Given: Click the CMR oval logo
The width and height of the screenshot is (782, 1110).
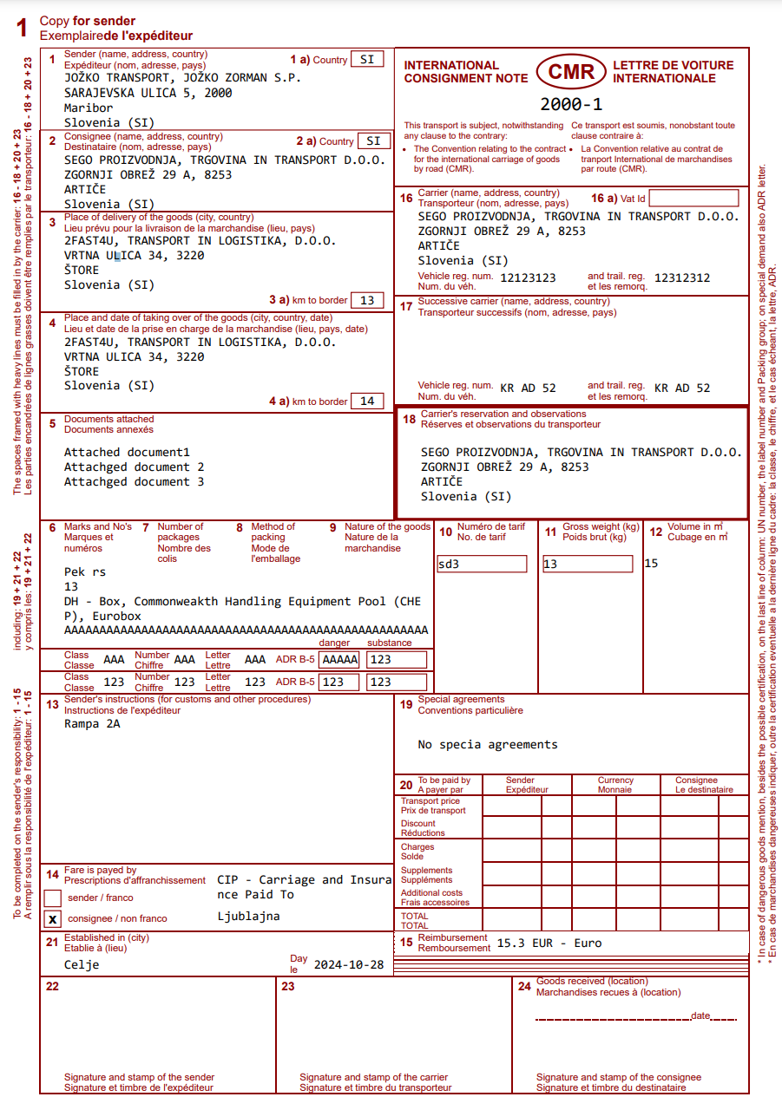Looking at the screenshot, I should [x=570, y=72].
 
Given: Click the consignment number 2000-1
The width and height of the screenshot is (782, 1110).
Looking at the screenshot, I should [x=571, y=105].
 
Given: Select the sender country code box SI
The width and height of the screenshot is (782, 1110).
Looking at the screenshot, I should [x=367, y=60].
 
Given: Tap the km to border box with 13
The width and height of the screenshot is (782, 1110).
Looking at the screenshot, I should [x=367, y=300].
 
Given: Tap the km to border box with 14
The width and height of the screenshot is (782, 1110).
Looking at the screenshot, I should [x=367, y=401].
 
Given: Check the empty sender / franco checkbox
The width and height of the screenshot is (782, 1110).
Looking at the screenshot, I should [x=52, y=898].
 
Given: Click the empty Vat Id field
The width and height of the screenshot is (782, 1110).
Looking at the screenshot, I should [x=693, y=199].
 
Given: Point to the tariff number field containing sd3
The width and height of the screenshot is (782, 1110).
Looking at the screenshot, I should [x=483, y=564].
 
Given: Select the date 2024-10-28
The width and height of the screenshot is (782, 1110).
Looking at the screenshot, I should [x=349, y=964].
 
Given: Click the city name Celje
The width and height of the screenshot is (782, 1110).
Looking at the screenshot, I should [x=82, y=964].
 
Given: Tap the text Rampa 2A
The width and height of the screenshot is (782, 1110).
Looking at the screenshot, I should [x=92, y=723].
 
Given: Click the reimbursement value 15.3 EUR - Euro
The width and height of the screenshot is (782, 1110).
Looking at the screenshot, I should [x=549, y=943].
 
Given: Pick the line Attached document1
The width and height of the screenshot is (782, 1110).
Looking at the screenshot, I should [x=127, y=452].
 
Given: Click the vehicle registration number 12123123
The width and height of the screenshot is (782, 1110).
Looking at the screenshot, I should [x=528, y=278].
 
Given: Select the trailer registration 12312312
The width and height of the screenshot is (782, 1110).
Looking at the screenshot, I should [x=682, y=278].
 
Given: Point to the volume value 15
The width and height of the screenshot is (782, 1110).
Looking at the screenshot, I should [x=652, y=563].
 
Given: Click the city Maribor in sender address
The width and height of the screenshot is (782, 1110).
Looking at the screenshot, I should [x=89, y=108].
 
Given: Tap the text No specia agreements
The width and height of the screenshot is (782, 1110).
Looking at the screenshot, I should [x=488, y=744].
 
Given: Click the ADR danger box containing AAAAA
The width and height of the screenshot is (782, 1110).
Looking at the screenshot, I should [x=339, y=659].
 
